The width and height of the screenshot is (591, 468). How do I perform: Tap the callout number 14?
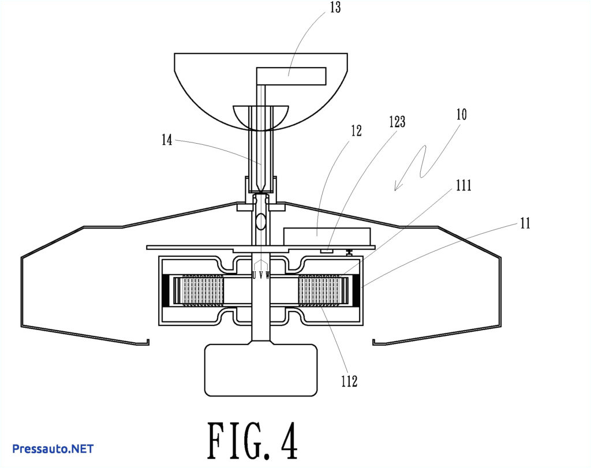pos(167,140)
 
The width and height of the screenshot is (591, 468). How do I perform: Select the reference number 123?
pos(397,122)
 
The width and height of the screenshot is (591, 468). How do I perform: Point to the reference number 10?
pos(461,114)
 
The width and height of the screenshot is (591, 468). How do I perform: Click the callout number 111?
pos(463,185)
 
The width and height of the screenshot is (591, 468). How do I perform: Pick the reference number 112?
pos(349,381)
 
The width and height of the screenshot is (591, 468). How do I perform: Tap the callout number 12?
pos(356,131)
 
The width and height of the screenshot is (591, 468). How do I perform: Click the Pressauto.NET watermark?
pos(53,448)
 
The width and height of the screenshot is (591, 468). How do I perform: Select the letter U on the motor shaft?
pos(254,276)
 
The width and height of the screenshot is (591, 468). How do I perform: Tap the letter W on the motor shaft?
pos(268,276)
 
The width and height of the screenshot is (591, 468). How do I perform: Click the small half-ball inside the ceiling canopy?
pos(260,115)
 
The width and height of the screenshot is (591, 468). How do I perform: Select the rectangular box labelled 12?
pos(327,235)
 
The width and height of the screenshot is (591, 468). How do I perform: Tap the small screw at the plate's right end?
pos(350,251)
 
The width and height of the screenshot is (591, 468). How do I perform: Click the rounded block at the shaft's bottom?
pos(261,370)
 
